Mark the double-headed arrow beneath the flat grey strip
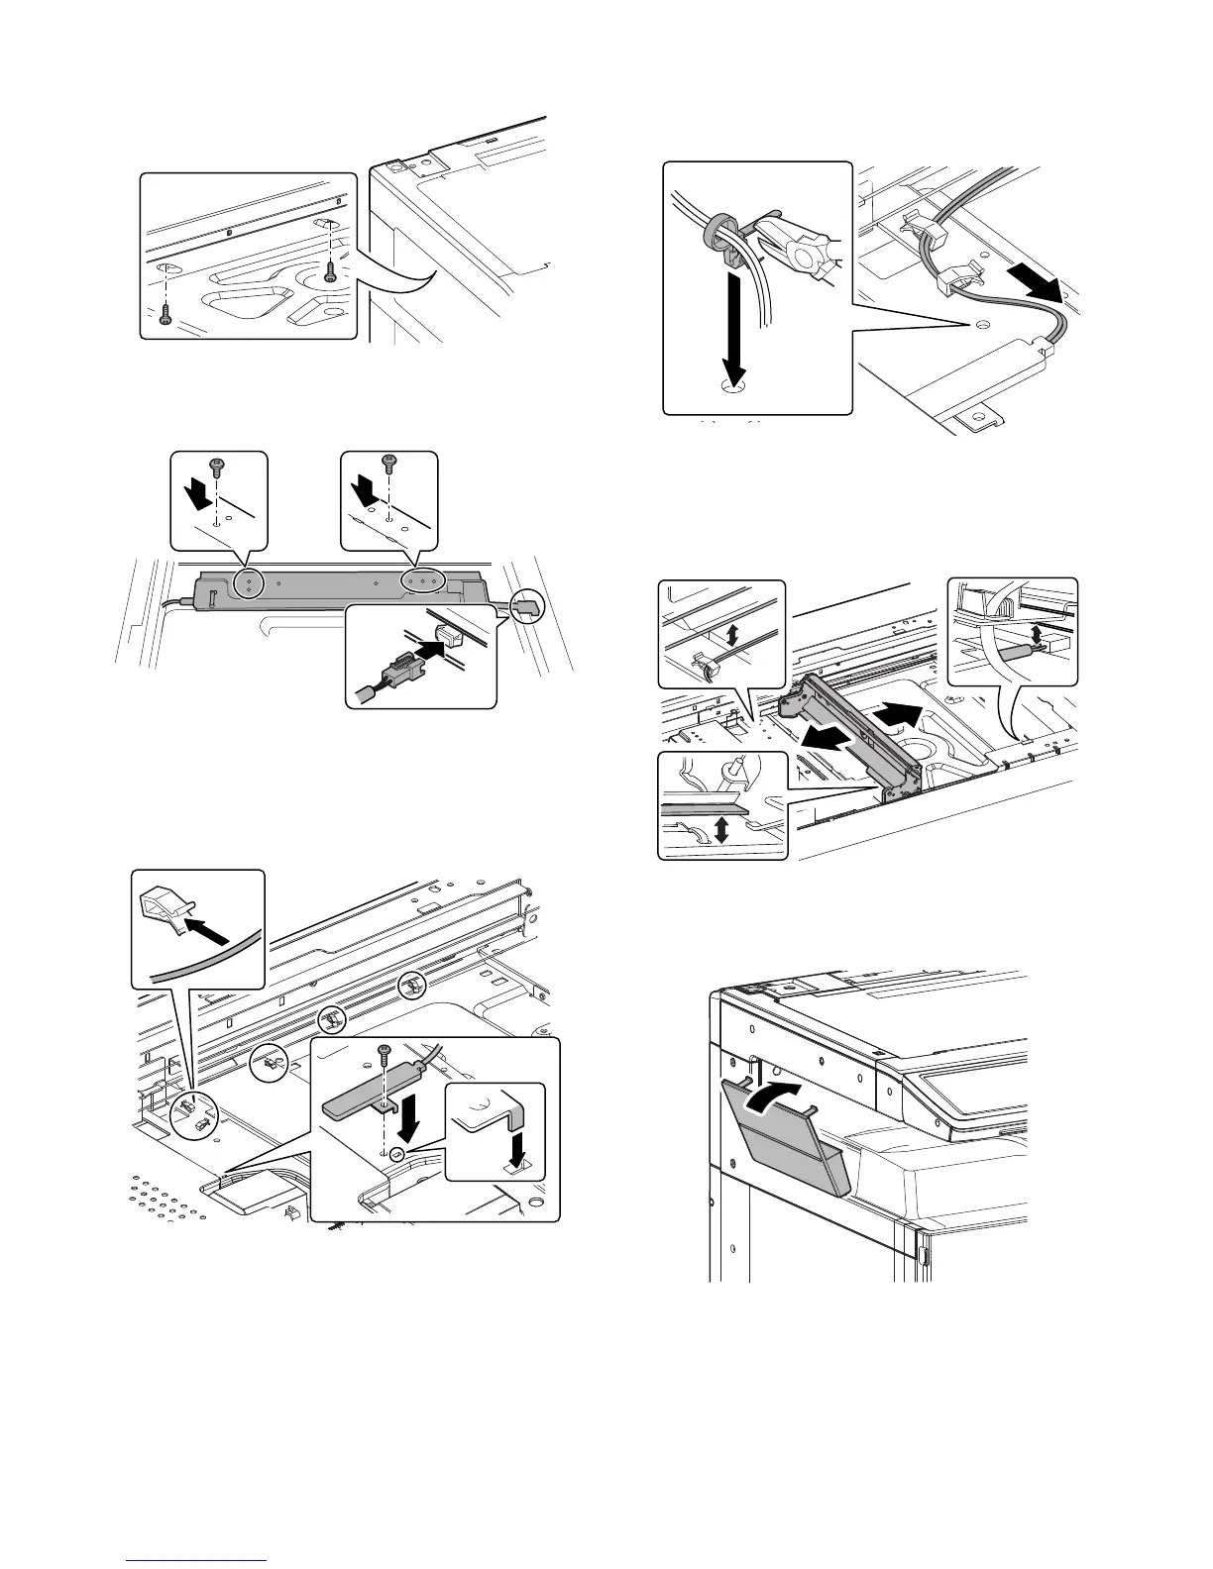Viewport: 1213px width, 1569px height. [x=721, y=828]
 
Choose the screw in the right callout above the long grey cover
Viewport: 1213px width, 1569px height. [x=387, y=461]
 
